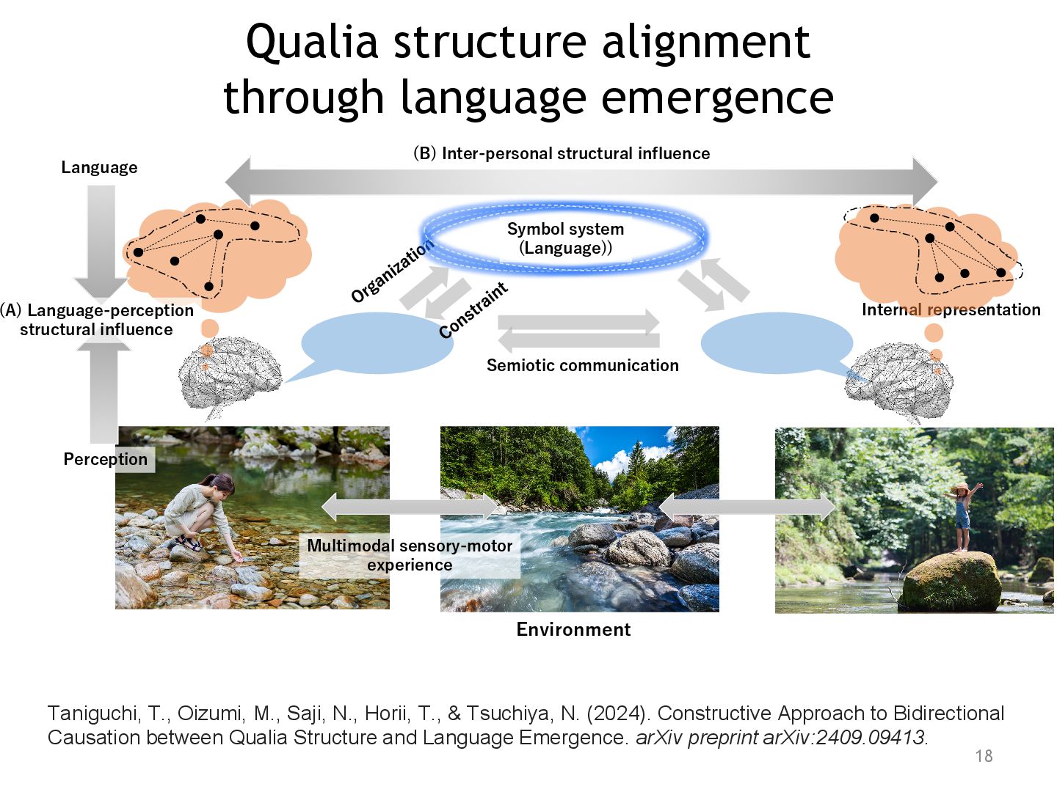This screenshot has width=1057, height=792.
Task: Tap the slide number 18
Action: (x=984, y=756)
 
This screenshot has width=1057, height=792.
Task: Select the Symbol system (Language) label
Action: (x=565, y=238)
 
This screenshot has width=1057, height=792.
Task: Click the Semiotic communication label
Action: (x=582, y=365)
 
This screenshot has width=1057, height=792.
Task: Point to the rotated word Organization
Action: (x=392, y=271)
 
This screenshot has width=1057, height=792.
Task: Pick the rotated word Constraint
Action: (x=473, y=310)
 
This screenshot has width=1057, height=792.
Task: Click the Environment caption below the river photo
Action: (x=573, y=629)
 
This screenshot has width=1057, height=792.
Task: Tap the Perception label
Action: (x=105, y=459)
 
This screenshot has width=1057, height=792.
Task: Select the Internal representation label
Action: (x=951, y=309)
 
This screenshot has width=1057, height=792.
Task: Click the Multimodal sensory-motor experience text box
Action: (x=410, y=555)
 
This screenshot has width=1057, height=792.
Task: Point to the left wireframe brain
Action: (x=229, y=374)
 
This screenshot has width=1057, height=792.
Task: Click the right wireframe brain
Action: (x=899, y=381)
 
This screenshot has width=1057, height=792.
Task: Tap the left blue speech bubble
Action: (x=376, y=343)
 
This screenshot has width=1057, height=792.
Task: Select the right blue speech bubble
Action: (x=777, y=343)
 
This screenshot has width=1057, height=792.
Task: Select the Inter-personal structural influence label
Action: (x=562, y=153)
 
